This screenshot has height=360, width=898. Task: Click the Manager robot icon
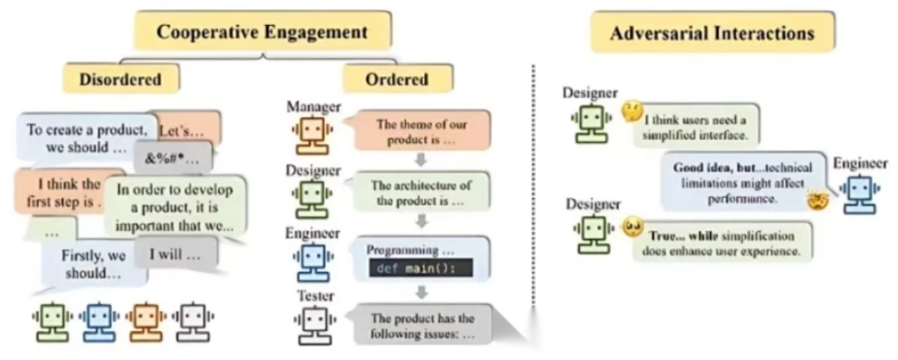[x=313, y=132]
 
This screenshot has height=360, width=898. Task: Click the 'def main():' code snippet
[x=418, y=268]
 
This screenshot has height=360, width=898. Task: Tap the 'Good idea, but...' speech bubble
[x=738, y=182]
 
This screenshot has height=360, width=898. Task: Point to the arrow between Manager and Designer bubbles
[x=422, y=158]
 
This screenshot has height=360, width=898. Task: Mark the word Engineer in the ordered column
[x=312, y=234]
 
